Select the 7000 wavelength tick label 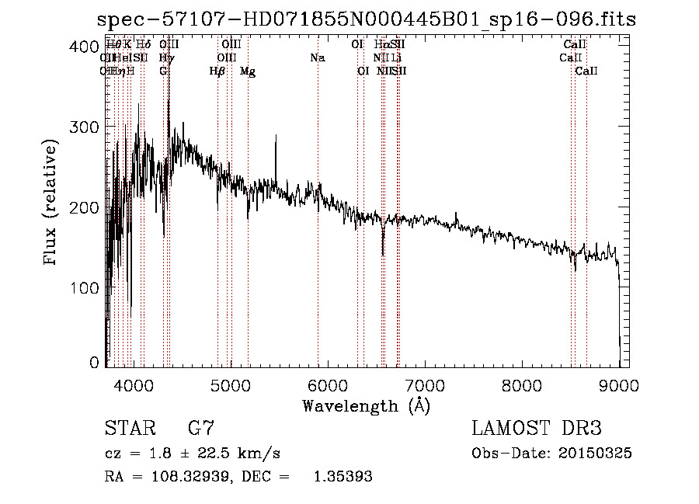(425, 384)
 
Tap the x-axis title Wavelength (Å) (366, 405)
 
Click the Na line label (317, 57)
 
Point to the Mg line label (248, 71)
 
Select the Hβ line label (217, 71)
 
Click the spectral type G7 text (201, 429)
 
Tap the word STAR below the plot (129, 429)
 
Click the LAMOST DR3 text (537, 429)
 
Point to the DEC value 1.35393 (342, 477)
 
